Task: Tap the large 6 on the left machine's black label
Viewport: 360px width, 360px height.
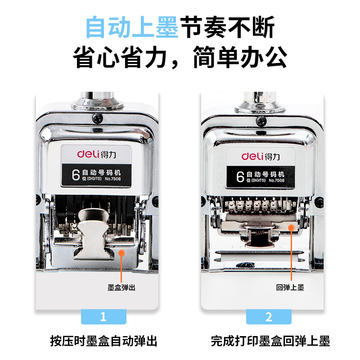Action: (76, 175)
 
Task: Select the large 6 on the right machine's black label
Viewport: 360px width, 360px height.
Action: (240, 176)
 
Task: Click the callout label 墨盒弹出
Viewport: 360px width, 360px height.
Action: (121, 288)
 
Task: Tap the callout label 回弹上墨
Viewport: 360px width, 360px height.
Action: (290, 287)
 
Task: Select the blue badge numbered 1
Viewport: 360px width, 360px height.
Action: (103, 317)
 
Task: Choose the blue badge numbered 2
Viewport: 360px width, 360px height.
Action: (269, 317)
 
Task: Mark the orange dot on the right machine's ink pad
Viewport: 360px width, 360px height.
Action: (291, 228)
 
